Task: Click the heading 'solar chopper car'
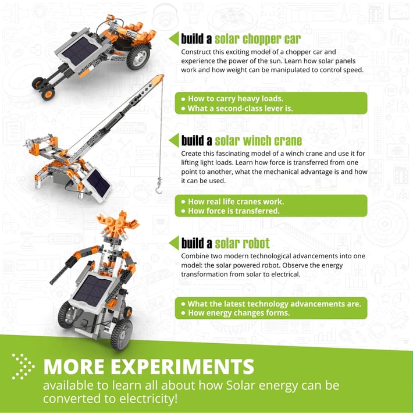258,39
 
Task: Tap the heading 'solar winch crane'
258,141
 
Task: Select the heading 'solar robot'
242,243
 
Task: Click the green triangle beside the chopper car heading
174,38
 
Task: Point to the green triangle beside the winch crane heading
174,140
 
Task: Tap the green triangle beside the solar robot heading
174,243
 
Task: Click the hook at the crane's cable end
159,186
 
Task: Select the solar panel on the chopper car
80,51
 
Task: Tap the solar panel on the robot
92,290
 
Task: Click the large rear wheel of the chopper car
138,57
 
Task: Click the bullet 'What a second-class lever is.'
237,109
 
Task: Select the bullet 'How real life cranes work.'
233,202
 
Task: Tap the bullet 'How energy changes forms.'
236,313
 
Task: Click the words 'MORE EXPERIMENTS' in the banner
149,366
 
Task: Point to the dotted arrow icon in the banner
23,366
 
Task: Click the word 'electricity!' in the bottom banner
148,398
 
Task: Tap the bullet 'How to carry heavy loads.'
233,99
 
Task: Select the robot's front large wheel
122,334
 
